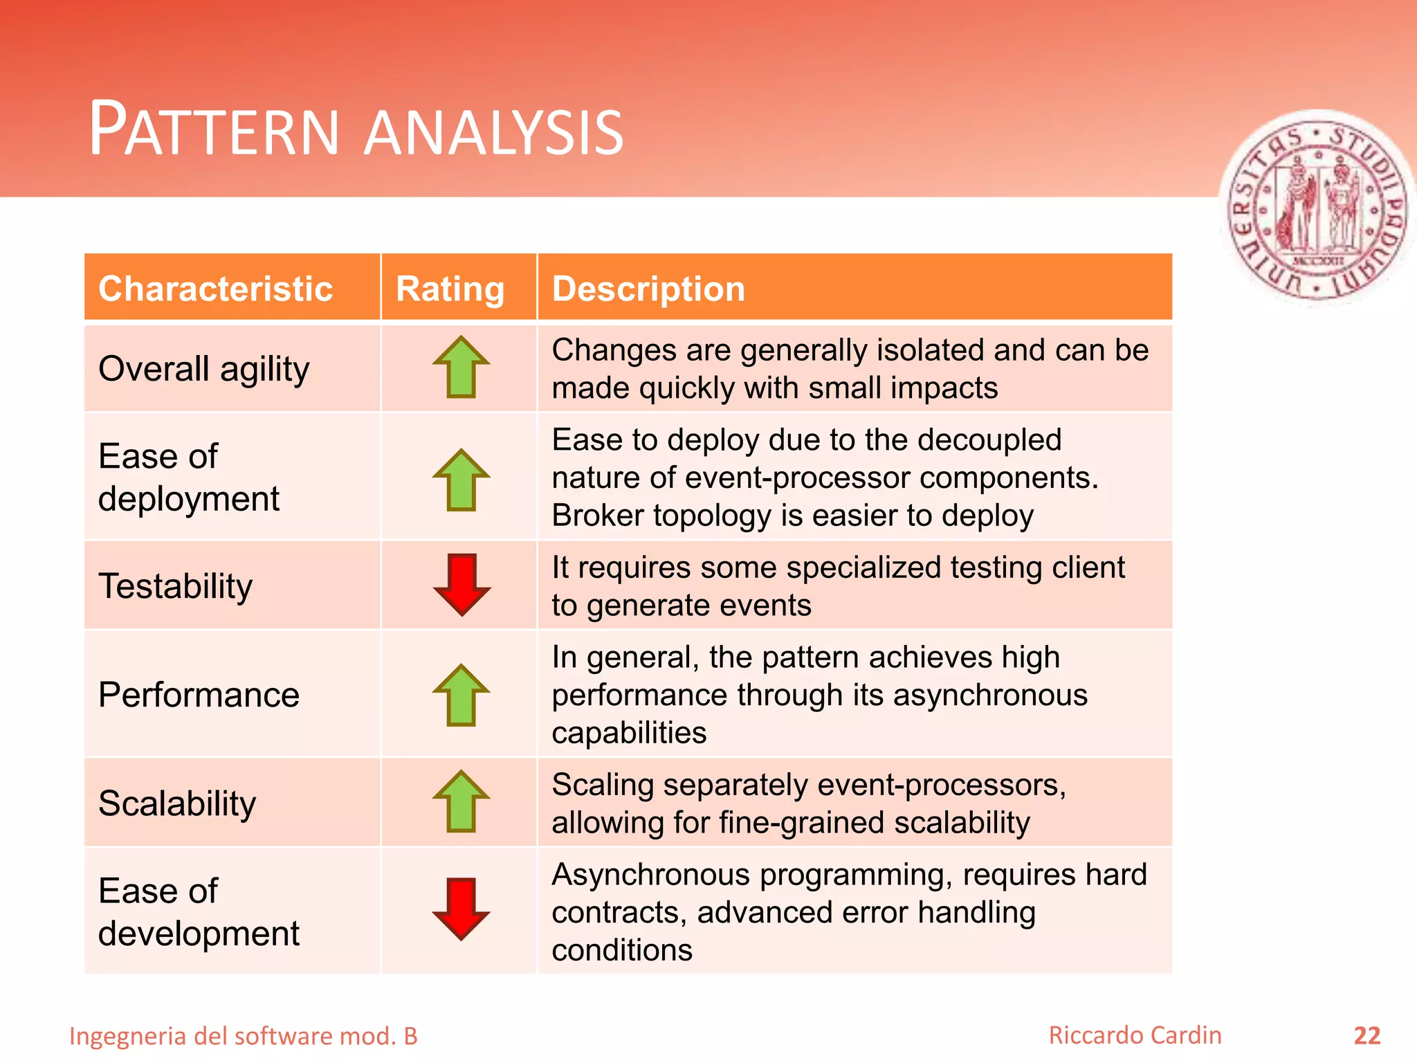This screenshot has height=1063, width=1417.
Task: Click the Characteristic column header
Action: [x=215, y=289]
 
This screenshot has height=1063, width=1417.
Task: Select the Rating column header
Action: [x=450, y=289]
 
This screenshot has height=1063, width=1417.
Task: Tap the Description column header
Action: [x=648, y=289]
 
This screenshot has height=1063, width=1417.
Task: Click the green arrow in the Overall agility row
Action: [x=461, y=367]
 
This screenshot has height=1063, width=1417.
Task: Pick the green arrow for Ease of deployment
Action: [x=461, y=480]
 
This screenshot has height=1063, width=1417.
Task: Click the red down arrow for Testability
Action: [x=461, y=585]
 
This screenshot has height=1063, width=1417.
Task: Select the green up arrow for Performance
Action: [x=461, y=695]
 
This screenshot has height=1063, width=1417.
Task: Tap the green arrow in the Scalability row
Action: [x=461, y=801]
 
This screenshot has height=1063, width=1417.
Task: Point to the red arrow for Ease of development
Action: [x=461, y=909]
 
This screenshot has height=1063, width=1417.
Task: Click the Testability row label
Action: [x=176, y=586]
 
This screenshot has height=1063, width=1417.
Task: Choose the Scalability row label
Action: [x=177, y=803]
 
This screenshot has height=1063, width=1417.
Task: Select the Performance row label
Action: [x=199, y=695]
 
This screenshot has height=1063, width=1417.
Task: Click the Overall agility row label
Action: [x=203, y=369]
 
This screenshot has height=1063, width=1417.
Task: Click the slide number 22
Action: [x=1366, y=1036]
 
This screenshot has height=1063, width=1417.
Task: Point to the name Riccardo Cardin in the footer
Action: [x=1135, y=1035]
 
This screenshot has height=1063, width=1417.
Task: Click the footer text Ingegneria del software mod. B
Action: [x=244, y=1036]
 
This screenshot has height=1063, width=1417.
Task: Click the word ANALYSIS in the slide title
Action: [x=494, y=132]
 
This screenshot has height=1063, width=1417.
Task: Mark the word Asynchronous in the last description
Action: [x=650, y=875]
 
